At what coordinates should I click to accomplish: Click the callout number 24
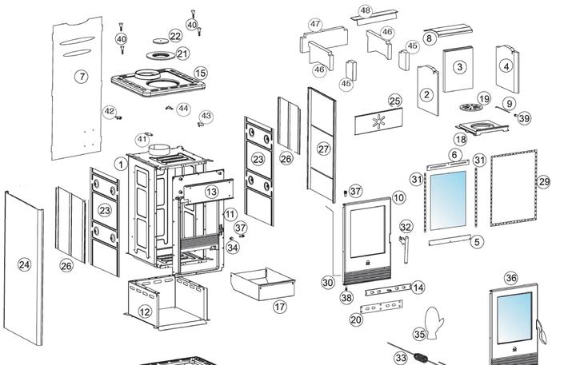24,264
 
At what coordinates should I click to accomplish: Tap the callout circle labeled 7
82,77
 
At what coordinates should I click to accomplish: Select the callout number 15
200,73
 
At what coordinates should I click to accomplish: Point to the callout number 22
176,37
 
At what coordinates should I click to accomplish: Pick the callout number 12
145,311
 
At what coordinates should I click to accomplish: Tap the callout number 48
366,11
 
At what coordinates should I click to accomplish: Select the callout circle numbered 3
459,67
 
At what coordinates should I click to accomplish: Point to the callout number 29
544,182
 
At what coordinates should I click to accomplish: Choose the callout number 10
398,198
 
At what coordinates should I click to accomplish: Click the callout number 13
211,192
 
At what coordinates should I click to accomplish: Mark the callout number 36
512,278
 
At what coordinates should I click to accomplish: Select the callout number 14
418,288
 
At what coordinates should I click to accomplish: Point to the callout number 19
484,99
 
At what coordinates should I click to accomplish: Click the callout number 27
323,149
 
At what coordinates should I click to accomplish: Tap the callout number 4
506,67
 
